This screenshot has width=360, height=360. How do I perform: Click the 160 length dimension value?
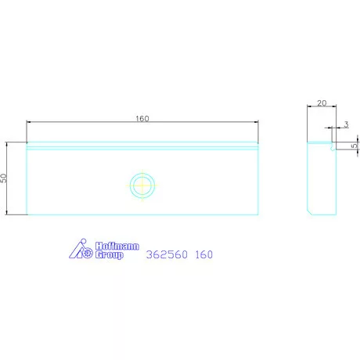[x=142, y=118]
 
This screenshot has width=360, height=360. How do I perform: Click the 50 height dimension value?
[x=4, y=178]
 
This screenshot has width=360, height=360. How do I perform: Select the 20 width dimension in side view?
[x=321, y=103]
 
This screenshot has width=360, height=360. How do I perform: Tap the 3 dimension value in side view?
[x=346, y=124]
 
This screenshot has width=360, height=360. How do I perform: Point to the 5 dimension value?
[x=354, y=145]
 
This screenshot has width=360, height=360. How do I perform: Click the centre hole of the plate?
[x=142, y=185]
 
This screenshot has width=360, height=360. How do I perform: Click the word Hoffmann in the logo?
[x=117, y=247]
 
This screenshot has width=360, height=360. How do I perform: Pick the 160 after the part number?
[x=204, y=254]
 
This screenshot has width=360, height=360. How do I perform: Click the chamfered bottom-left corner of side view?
[x=309, y=211]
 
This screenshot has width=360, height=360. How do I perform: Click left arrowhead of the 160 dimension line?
[x=29, y=122]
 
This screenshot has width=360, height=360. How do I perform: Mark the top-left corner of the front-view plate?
[x=27, y=142]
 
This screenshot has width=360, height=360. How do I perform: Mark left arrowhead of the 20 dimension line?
[x=308, y=109]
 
